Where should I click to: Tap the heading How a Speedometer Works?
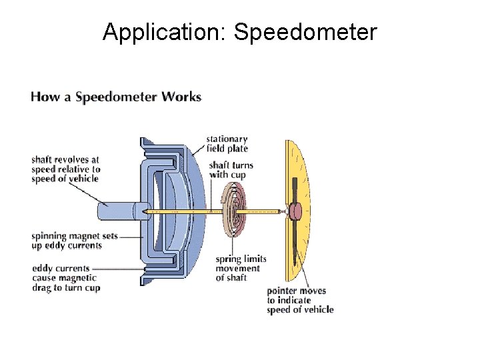[x=116, y=97]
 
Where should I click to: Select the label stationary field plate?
[x=226, y=144]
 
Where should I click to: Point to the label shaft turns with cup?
[x=231, y=170]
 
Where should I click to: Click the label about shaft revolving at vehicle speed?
[x=65, y=169]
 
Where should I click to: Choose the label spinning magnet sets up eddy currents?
[x=66, y=241]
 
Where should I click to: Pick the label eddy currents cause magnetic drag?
[x=65, y=277]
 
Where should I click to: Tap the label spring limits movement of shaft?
[x=240, y=268]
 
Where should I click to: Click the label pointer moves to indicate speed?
[x=299, y=300]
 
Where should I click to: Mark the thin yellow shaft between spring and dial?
[x=263, y=211]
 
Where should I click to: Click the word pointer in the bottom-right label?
[x=282, y=291]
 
